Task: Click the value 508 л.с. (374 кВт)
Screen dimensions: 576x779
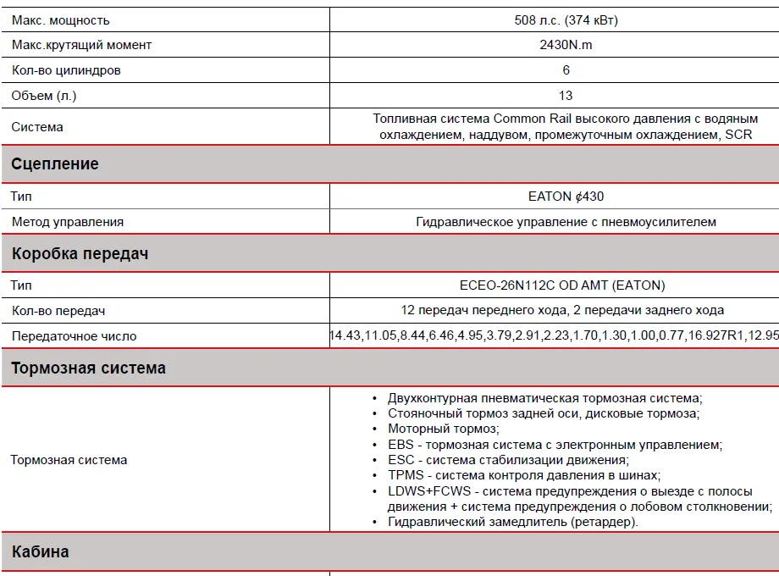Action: (x=566, y=20)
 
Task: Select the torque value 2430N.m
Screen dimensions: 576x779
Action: (x=566, y=45)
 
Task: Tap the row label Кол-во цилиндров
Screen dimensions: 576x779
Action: (x=66, y=70)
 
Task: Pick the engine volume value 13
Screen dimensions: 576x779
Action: (x=566, y=95)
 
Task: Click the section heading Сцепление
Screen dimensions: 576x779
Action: (x=55, y=164)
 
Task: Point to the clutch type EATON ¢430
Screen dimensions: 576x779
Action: (x=566, y=197)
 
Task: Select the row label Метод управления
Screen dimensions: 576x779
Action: (x=68, y=222)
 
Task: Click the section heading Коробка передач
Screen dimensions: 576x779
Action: (x=80, y=253)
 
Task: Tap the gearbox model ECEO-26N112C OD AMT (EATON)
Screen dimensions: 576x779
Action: (x=562, y=285)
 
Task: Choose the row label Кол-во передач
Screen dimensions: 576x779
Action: (x=58, y=311)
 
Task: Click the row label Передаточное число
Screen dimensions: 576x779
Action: (x=74, y=336)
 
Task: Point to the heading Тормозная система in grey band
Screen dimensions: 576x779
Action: (x=89, y=368)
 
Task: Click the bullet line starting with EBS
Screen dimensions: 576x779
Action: (x=555, y=445)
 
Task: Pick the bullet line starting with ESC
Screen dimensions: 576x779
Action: (x=508, y=460)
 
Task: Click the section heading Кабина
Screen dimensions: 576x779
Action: (x=41, y=552)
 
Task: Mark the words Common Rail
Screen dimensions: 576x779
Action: (x=533, y=119)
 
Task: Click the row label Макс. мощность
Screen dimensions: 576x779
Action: (x=61, y=20)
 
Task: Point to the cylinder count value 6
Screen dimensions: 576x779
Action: (x=566, y=70)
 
